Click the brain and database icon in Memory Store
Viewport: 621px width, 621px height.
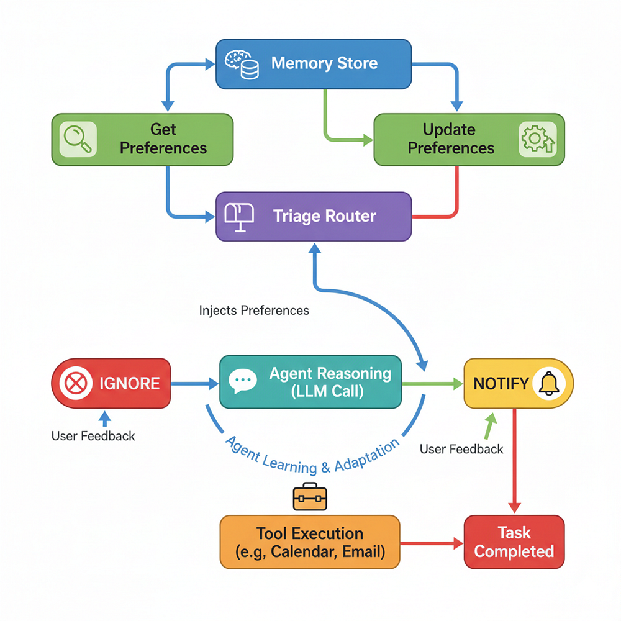click(242, 65)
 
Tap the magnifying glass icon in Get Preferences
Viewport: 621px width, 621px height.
click(78, 139)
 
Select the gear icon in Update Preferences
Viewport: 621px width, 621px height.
click(537, 139)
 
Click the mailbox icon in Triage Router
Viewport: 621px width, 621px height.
click(239, 217)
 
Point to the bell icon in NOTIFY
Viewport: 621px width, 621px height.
click(549, 383)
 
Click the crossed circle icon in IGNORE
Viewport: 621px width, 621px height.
click(76, 383)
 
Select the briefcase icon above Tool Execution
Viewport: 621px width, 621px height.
click(310, 497)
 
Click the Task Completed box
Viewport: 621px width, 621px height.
click(514, 542)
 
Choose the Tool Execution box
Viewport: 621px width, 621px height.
click(310, 542)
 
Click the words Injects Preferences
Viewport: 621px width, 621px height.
click(254, 310)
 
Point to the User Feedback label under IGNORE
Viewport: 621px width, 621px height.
click(93, 436)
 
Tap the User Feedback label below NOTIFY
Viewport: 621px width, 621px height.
click(461, 449)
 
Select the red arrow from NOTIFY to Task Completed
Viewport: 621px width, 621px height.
click(514, 461)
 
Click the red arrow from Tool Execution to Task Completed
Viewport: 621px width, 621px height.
click(432, 543)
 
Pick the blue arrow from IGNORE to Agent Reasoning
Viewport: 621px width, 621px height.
click(194, 383)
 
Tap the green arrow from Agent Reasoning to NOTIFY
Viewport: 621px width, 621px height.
click(432, 383)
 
